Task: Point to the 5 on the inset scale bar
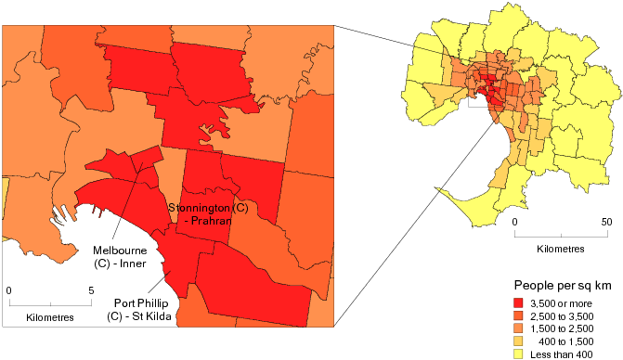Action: coord(91,290)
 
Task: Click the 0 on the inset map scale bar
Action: coord(9,290)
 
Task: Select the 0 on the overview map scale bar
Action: coord(514,223)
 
